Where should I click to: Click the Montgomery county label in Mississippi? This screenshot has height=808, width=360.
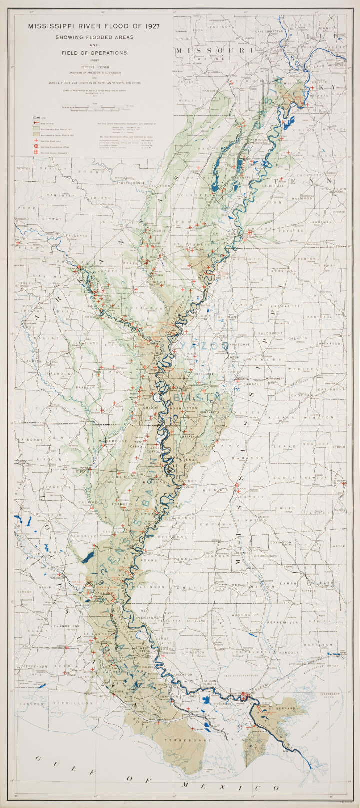point(275,378)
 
